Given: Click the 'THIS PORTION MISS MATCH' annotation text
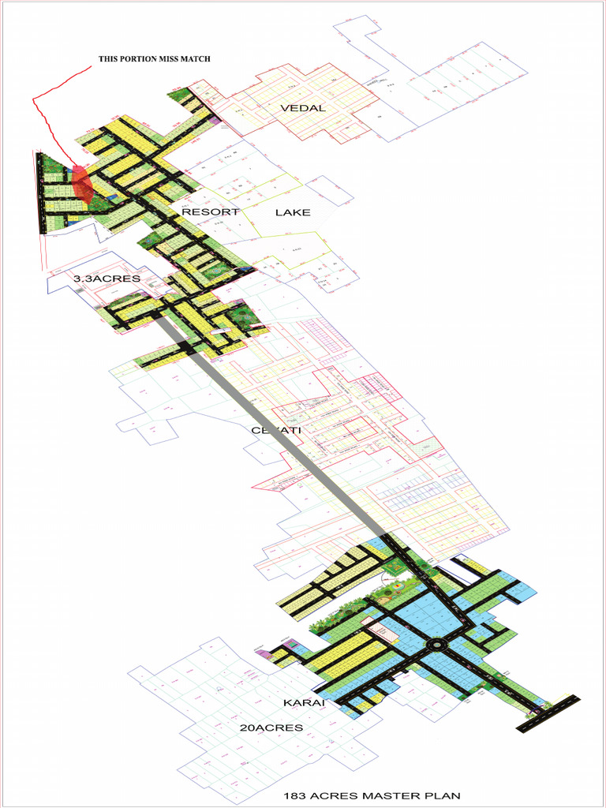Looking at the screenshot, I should click(154, 59).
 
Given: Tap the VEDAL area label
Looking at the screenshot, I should click(303, 108).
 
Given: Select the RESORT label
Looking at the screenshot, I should click(210, 212).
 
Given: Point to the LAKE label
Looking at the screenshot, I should click(293, 212).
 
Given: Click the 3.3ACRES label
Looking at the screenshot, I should click(107, 279).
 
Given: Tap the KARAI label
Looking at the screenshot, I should click(301, 701).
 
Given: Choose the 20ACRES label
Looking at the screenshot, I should click(271, 728).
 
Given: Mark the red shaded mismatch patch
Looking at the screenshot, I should click(82, 188).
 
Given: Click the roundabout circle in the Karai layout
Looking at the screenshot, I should click(435, 646).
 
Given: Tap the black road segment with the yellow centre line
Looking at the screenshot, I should click(552, 712).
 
